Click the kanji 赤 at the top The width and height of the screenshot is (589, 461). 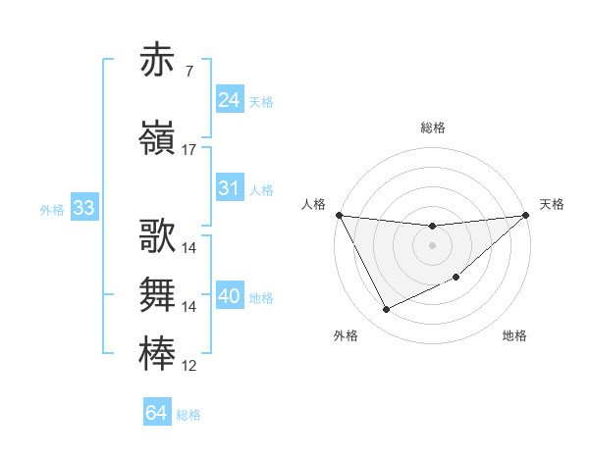point(158,61)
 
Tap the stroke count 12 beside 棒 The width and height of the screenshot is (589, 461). point(189,367)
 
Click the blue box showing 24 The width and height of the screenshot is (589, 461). point(229,99)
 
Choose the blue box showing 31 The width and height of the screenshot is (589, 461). point(229,188)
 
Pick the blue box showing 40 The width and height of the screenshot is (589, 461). point(229,296)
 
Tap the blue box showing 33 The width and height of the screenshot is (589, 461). point(82,208)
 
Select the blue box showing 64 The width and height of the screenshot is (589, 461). point(156,413)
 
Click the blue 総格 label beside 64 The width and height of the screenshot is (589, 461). point(188,415)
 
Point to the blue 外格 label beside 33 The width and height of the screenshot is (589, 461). point(52,209)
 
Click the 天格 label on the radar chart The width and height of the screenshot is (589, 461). point(552,204)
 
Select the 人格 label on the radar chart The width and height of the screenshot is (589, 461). point(314,204)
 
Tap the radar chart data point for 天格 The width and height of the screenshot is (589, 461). point(526,216)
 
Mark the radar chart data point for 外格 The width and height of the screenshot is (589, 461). point(386,310)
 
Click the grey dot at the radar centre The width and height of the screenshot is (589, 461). point(432,245)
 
